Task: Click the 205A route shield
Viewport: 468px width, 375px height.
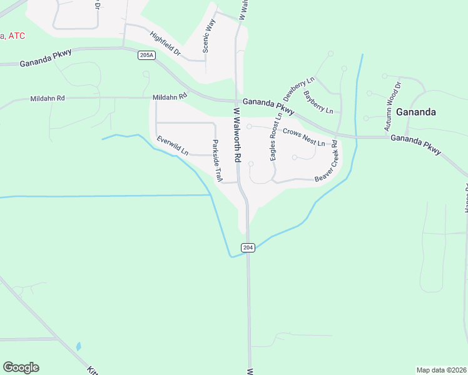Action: point(146,56)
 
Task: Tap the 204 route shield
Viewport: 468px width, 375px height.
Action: point(248,247)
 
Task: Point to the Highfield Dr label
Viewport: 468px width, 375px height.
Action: point(165,44)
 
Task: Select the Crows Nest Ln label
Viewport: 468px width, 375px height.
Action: point(303,137)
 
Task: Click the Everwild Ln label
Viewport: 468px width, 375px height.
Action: point(173,146)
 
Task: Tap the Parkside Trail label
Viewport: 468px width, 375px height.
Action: point(217,161)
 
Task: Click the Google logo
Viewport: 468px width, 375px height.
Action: point(21,367)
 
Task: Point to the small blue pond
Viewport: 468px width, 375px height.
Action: point(78,346)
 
